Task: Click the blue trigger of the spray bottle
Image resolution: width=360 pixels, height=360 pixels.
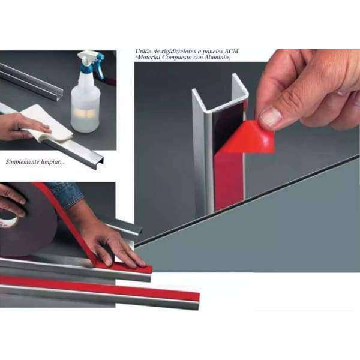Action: coord(100,67)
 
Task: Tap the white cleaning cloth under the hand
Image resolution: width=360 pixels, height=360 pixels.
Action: coord(46,124)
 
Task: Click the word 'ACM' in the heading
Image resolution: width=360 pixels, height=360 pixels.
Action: coord(231,51)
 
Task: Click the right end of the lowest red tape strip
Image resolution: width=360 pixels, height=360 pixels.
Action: coord(198,297)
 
